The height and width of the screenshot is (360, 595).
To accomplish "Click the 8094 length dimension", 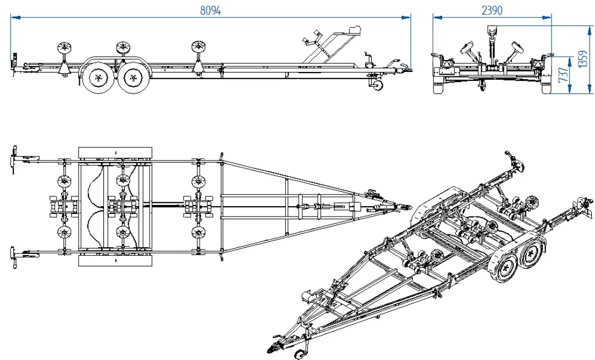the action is coord(210,10).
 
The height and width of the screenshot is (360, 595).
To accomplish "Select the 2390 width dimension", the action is coord(492,10).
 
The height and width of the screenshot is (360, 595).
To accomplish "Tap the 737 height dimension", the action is coord(564,74).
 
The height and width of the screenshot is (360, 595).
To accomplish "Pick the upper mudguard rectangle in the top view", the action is coord(115,152).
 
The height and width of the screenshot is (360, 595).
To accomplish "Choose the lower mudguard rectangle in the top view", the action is coord(115,261).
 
